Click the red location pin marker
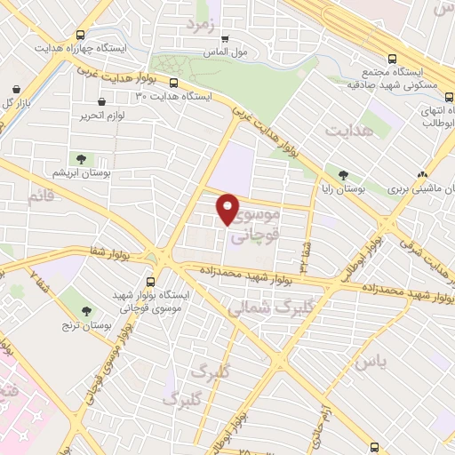pos(227,209)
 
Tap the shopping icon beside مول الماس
pos(226,38)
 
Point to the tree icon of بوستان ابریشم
pos(81,158)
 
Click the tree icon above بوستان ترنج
pos(86,311)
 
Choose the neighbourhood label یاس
pos(371,362)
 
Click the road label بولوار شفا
pos(83,253)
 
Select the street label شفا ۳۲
pos(305,253)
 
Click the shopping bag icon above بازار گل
pos(17,89)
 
